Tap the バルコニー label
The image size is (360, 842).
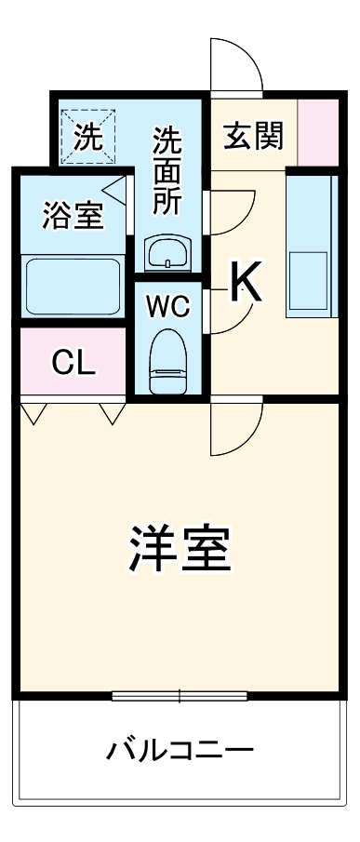click(x=180, y=749)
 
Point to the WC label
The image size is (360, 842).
click(x=167, y=304)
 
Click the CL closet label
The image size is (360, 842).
click(x=73, y=363)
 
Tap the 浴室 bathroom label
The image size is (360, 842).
click(x=73, y=216)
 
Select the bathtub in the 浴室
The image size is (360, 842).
click(x=73, y=286)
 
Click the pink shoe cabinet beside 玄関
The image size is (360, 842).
click(x=317, y=129)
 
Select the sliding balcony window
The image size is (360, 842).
click(x=180, y=695)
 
